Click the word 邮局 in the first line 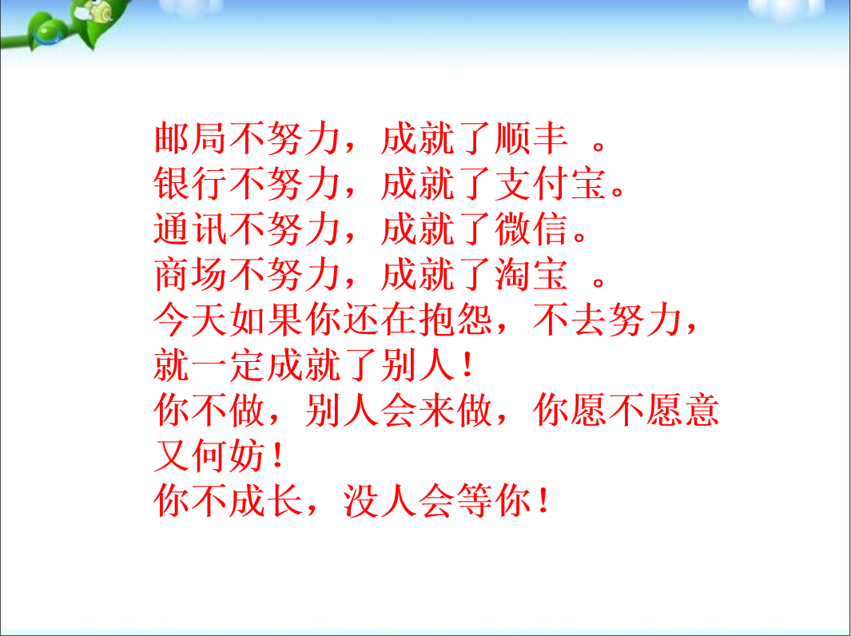click(x=190, y=138)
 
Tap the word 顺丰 click(x=532, y=138)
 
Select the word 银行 click(x=190, y=184)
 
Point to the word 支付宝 click(x=551, y=184)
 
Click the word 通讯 click(x=190, y=229)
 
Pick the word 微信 click(x=532, y=229)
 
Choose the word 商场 click(x=190, y=274)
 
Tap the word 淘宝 click(x=532, y=274)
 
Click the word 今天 click(x=190, y=319)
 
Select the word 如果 click(x=266, y=319)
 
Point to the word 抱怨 click(x=456, y=319)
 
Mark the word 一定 click(x=229, y=364)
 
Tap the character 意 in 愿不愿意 click(x=702, y=410)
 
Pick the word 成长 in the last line click(x=266, y=500)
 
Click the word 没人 click(x=380, y=500)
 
